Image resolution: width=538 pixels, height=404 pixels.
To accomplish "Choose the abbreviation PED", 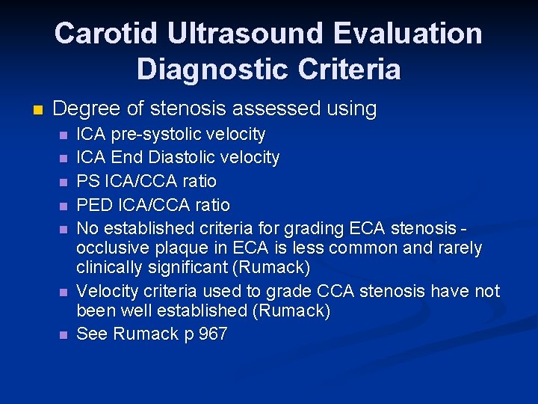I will point(93,204).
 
